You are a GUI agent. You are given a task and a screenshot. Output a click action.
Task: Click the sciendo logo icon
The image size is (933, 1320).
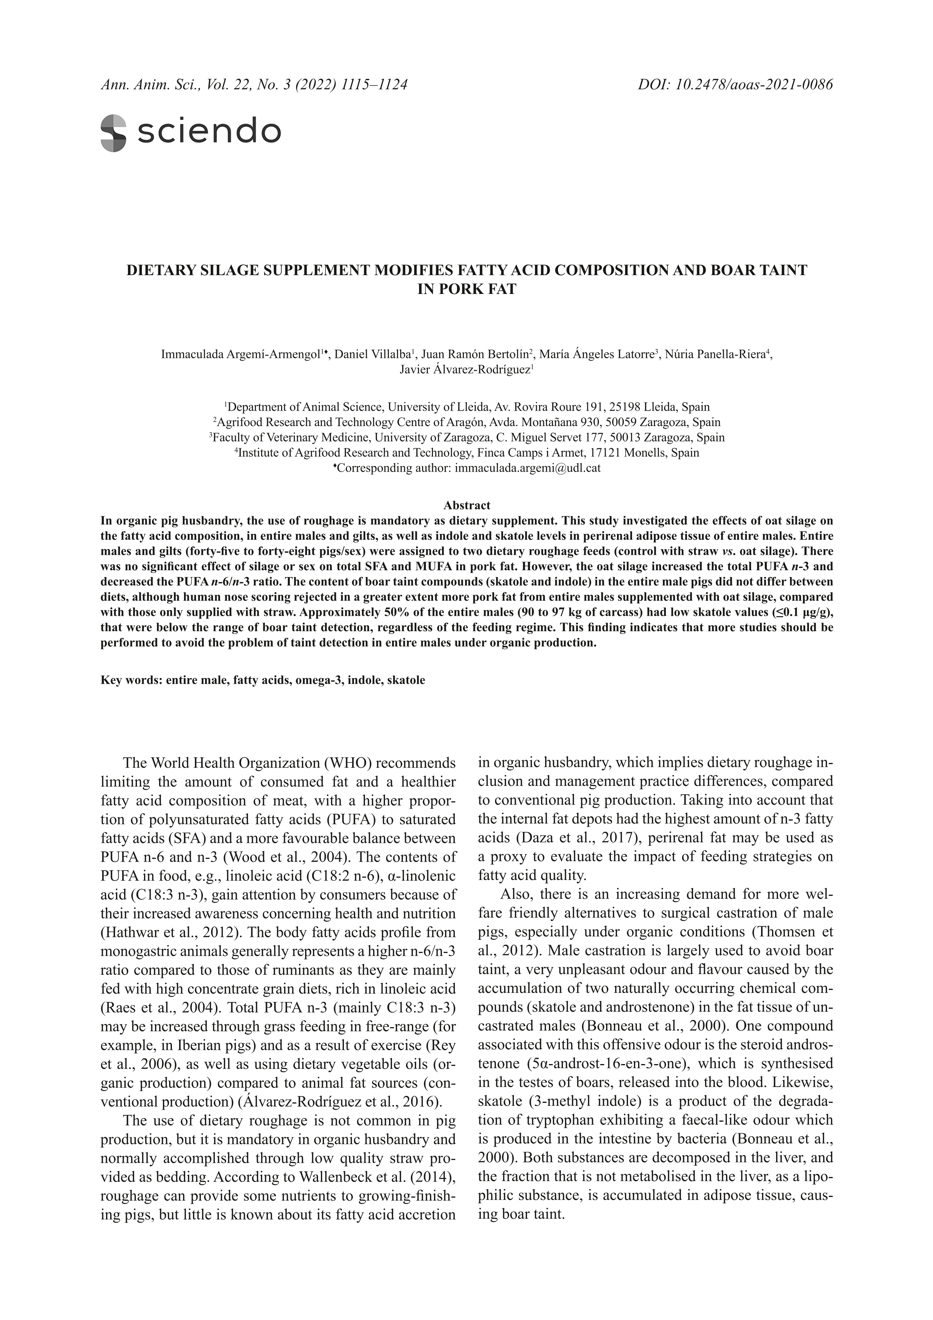(113, 133)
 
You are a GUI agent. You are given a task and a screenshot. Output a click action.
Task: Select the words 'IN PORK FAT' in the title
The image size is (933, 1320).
(466, 289)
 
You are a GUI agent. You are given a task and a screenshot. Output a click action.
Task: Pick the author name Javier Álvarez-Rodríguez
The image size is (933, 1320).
(465, 370)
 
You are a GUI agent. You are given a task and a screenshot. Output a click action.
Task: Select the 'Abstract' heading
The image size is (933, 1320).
(466, 505)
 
